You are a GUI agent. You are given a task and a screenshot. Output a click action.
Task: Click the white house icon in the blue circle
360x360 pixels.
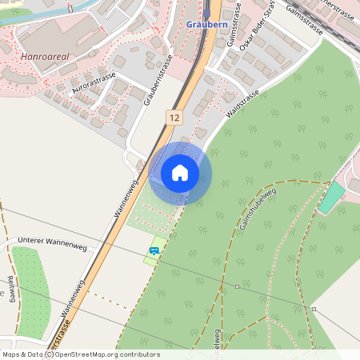coord(180,173)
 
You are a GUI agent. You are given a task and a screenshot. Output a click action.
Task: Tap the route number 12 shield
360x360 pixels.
coord(174,118)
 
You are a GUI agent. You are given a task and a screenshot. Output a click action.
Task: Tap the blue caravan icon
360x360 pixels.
coord(153,251)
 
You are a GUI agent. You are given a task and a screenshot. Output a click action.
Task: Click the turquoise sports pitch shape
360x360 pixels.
coord(329,198)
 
